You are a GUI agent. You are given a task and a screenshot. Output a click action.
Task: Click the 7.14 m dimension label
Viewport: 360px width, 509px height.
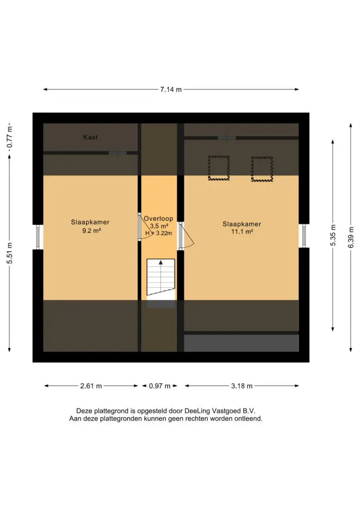click(x=171, y=89)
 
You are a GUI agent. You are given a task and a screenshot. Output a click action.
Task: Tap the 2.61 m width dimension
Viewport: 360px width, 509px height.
click(x=91, y=386)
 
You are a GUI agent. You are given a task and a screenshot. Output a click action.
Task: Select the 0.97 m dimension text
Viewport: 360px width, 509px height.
click(x=159, y=386)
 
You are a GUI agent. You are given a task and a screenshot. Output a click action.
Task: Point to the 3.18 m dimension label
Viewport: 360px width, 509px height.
click(x=241, y=386)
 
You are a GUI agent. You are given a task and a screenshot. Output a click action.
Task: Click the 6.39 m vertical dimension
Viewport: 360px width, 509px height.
click(x=351, y=237)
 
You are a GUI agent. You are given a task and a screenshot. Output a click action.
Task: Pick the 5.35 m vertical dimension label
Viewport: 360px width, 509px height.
click(x=333, y=235)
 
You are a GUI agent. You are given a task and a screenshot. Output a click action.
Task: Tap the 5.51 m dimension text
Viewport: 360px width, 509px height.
click(x=9, y=253)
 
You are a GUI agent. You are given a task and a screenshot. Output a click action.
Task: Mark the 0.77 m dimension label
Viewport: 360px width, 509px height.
click(x=9, y=137)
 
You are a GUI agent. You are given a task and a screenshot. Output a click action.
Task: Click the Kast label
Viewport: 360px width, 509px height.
click(x=90, y=137)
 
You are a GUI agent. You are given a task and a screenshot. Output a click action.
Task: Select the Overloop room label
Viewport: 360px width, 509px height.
click(x=158, y=218)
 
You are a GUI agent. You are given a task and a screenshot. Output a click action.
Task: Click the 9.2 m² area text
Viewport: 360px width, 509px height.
click(x=91, y=231)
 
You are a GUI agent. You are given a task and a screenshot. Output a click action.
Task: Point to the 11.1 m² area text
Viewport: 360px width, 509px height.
click(x=242, y=232)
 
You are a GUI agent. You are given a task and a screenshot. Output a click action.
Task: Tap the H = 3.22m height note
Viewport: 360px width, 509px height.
click(x=158, y=233)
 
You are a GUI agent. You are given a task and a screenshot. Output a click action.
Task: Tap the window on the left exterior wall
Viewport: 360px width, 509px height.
click(x=38, y=237)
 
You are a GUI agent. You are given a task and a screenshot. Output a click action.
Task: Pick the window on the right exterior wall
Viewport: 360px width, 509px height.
click(x=304, y=236)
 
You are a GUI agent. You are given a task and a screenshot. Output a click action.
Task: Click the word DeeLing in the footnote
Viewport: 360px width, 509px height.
click(x=197, y=411)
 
